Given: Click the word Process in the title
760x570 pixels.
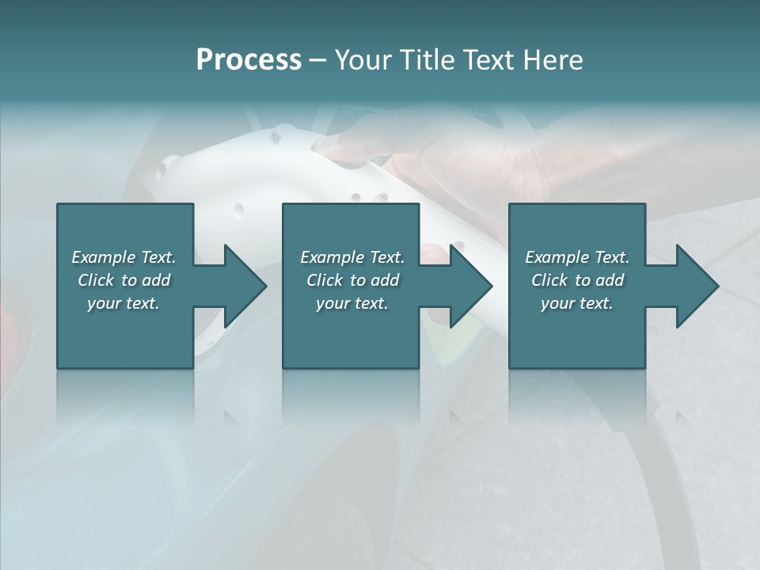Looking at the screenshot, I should tap(249, 60).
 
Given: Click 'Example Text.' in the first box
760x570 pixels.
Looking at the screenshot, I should tap(123, 257).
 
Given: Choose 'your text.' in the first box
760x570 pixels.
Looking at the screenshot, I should tap(123, 303).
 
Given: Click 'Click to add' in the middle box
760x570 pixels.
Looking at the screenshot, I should tap(352, 280).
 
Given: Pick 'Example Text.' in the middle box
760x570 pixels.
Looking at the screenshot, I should tap(352, 257).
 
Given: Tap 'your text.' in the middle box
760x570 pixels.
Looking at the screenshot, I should tap(352, 303).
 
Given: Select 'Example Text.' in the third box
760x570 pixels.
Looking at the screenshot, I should tap(577, 257).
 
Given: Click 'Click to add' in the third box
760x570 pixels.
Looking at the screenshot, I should tap(577, 280).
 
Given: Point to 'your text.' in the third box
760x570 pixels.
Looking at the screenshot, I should tap(577, 303).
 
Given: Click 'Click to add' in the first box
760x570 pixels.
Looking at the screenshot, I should tap(123, 280).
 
